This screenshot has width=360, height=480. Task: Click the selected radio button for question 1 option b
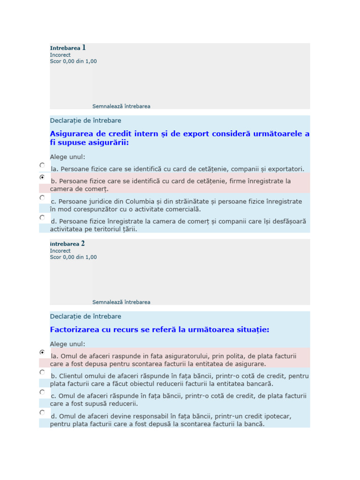click(x=42, y=178)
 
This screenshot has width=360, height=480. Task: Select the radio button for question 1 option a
click(x=42, y=165)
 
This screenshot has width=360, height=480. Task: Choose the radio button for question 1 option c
click(x=42, y=198)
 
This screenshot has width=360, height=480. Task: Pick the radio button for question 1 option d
click(x=42, y=217)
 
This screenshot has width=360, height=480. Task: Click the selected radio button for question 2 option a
click(x=42, y=352)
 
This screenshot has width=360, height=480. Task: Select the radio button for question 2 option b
click(x=42, y=372)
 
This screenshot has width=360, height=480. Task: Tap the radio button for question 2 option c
click(x=42, y=392)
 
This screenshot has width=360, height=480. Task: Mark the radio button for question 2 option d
click(x=42, y=412)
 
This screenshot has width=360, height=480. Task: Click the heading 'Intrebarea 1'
click(x=68, y=48)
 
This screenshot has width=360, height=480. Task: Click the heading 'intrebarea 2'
click(x=67, y=244)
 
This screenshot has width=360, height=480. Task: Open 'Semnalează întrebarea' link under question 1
click(x=121, y=106)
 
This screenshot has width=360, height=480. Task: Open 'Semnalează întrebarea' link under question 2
click(x=121, y=302)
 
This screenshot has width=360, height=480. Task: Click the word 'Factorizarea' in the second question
click(x=75, y=330)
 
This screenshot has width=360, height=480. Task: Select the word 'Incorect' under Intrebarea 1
click(x=60, y=55)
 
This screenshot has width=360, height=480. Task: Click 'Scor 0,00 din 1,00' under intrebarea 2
click(x=74, y=257)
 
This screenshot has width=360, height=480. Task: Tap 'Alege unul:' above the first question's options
click(x=68, y=157)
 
